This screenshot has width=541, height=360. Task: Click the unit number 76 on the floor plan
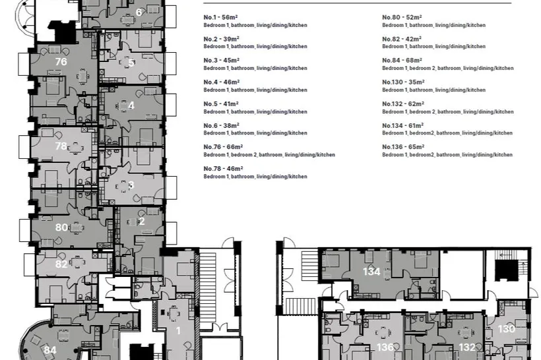click(x=61, y=62)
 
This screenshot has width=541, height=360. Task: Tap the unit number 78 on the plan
click(x=61, y=146)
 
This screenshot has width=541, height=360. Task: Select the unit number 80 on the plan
click(x=61, y=227)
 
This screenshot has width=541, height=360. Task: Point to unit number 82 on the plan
click(x=61, y=264)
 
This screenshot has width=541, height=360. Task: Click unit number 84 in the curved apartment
click(x=50, y=350)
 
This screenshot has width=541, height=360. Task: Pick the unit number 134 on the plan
click(x=371, y=272)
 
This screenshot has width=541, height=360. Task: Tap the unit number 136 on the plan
click(x=385, y=347)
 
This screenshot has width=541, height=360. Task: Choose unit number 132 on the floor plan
click(x=467, y=347)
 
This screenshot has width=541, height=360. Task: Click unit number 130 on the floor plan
click(x=507, y=329)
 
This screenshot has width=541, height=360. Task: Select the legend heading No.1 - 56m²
click(x=221, y=17)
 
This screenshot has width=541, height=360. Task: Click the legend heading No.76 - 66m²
click(x=223, y=147)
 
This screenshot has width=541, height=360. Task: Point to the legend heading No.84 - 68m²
click(x=402, y=61)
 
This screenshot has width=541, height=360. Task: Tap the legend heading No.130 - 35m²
click(x=403, y=82)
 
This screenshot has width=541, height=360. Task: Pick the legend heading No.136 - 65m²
click(x=403, y=147)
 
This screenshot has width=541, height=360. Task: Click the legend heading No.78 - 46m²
click(x=223, y=169)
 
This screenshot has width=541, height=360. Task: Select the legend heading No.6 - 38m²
click(x=221, y=125)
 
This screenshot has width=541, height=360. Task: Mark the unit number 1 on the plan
click(x=178, y=331)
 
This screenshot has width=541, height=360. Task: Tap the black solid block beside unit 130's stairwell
click(x=507, y=270)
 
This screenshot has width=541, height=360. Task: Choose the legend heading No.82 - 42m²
click(x=402, y=39)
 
